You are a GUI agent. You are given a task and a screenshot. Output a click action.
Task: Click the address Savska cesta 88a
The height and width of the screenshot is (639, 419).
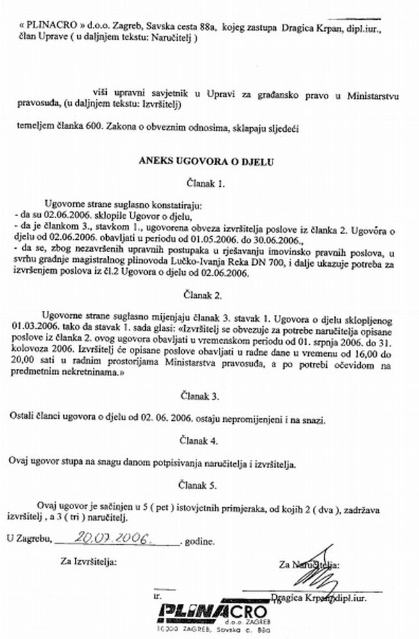(183, 27)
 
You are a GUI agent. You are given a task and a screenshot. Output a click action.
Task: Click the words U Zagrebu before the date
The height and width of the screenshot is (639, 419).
(30, 541)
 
